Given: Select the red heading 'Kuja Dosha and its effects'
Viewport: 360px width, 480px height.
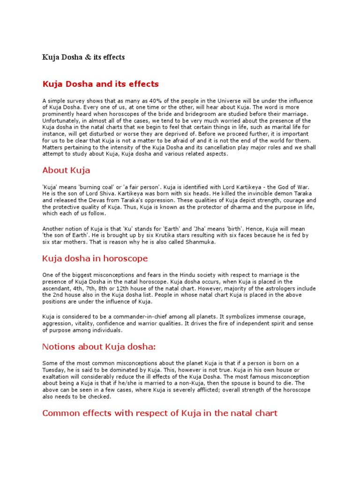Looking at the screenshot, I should (101, 84).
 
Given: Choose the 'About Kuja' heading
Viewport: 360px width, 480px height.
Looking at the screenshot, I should (66, 170).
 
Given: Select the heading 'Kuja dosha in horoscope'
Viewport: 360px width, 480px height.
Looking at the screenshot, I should (95, 259).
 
